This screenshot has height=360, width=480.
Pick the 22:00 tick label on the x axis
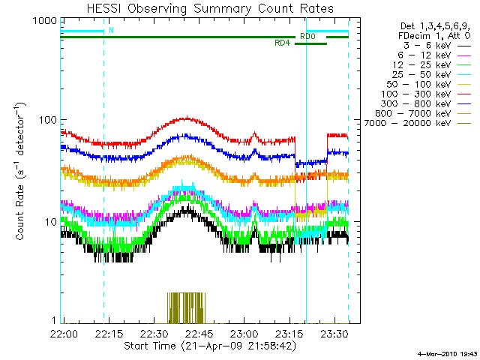62,333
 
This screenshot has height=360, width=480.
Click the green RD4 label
283,43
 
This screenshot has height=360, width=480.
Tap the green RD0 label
307,36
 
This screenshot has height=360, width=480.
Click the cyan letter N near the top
112,31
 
